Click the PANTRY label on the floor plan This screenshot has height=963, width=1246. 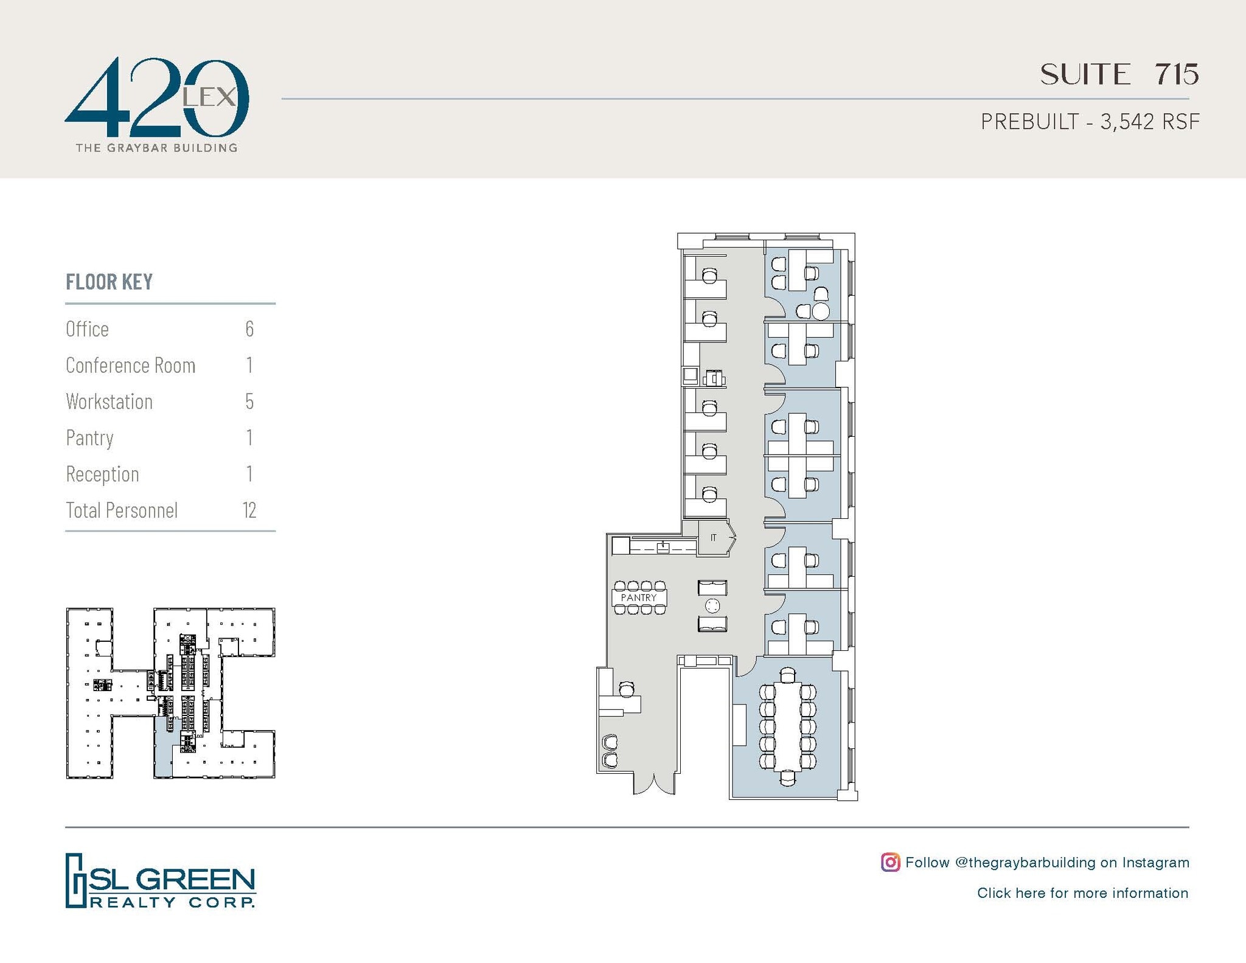(x=638, y=597)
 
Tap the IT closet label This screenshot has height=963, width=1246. (x=713, y=537)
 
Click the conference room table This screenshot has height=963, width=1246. (x=788, y=726)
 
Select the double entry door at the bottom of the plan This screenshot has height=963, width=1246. (x=654, y=784)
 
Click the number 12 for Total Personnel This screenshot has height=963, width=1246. (x=249, y=510)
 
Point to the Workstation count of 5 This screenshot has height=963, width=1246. (x=249, y=402)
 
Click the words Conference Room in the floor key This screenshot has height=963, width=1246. (x=131, y=365)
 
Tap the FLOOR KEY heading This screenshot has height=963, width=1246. (x=110, y=282)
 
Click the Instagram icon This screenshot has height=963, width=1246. (x=890, y=862)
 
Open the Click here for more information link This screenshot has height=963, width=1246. (x=1082, y=892)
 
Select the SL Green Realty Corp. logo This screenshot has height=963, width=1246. (x=161, y=880)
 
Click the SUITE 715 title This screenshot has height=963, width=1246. (x=1119, y=74)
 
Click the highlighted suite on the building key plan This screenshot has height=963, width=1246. (x=162, y=748)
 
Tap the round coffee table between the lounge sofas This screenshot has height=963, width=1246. (x=712, y=605)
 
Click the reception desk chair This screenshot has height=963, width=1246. (x=627, y=689)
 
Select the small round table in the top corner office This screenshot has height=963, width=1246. (x=821, y=311)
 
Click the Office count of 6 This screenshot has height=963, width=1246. (x=249, y=329)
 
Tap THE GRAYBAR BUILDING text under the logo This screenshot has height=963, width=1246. (x=156, y=147)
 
